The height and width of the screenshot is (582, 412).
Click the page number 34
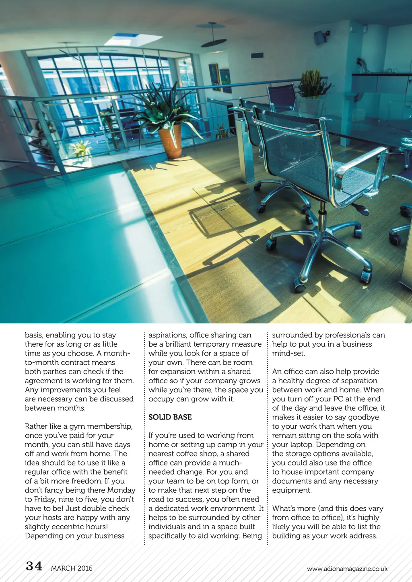tap(34, 566)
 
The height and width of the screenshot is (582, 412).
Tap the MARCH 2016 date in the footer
tap(72, 568)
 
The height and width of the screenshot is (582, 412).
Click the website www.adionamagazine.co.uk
tap(347, 569)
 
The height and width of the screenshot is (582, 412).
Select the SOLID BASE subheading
tap(170, 417)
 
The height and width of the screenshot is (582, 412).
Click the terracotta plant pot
tap(170, 141)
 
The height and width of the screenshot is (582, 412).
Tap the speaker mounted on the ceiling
tap(320, 37)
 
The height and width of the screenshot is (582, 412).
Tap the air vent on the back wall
tap(257, 56)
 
